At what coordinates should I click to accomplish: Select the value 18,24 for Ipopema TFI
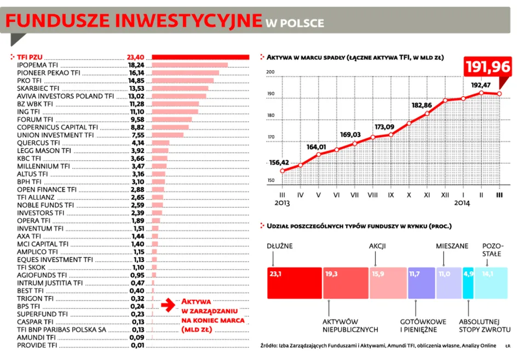[136, 65]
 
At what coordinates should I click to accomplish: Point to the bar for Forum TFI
[171, 119]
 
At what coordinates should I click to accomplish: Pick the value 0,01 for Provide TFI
[137, 346]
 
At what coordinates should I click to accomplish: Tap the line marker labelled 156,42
[283, 170]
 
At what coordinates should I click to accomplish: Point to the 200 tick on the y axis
[270, 72]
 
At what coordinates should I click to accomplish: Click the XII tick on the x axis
[445, 195]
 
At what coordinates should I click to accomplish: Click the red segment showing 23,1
[295, 283]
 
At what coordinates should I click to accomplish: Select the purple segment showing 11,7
[421, 283]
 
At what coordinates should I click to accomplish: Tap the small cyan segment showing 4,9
[468, 283]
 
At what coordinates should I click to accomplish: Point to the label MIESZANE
[452, 246]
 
